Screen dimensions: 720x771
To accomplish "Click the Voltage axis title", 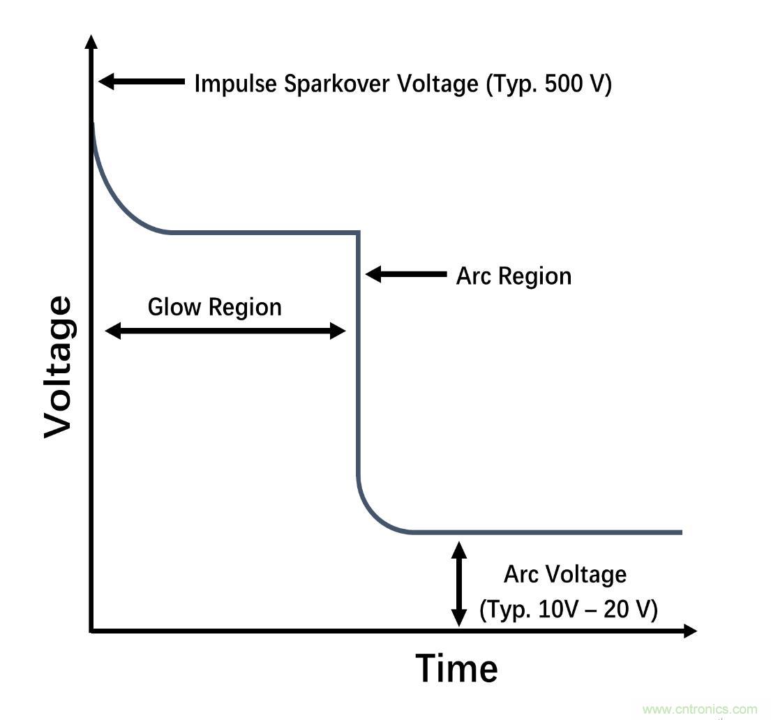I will point(57,368).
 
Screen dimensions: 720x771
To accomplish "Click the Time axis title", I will point(457,668).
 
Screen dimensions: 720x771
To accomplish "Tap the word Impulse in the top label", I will point(236,84).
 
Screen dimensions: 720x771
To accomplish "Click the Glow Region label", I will point(215,307).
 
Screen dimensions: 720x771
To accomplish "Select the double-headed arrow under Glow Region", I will point(225,331).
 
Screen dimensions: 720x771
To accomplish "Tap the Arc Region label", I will point(514,276).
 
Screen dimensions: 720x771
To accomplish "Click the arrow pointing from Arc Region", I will point(405,274).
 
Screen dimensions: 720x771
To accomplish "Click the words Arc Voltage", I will point(565,575).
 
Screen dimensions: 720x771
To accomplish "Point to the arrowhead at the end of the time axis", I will point(689,631).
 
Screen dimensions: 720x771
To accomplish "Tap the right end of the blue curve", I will point(680,532).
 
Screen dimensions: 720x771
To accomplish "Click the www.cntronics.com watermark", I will point(699,710).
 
